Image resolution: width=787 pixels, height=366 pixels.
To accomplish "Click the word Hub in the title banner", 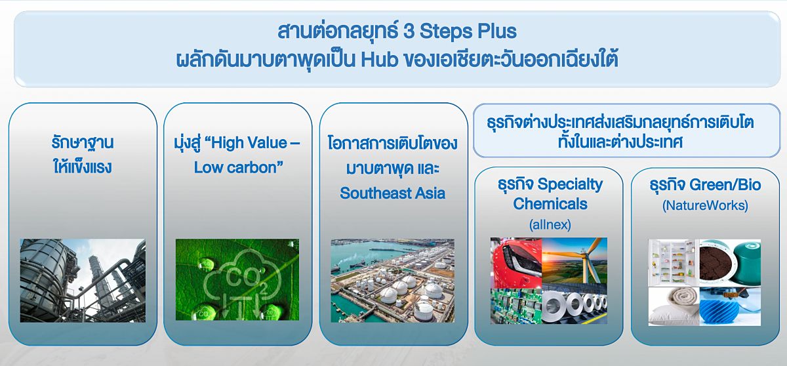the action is tap(380, 60).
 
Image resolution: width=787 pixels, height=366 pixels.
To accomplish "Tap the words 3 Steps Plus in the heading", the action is tap(460, 31).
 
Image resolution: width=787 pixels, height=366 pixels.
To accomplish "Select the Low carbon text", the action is tap(238, 167).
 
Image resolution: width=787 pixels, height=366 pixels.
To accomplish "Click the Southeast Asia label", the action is tap(392, 193).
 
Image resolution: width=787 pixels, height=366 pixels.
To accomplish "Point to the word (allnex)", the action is tap(550, 224).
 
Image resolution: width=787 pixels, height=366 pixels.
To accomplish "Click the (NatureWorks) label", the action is tap(705, 205).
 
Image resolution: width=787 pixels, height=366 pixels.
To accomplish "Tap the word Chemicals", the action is tap(550, 204).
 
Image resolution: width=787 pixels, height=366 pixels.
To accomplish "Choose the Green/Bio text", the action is tap(725, 185).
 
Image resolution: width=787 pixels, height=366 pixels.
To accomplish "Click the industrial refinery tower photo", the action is tap(83, 280).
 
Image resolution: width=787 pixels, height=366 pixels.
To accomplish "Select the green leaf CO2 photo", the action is tap(237, 279).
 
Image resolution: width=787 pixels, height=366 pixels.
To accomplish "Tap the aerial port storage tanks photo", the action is tap(392, 280).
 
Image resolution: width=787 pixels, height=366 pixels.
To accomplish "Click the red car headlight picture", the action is tap(516, 263).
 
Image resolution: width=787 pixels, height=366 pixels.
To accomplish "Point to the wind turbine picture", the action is tap(575, 260).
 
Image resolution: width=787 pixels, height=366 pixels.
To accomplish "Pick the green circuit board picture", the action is tap(516, 306).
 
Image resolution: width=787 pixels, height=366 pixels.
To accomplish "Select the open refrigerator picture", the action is tap(674, 263).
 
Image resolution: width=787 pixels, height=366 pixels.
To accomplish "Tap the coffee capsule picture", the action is tap(730, 263).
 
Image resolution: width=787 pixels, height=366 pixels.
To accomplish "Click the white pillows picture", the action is tap(674, 306).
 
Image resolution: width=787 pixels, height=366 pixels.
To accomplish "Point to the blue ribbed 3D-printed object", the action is tap(730, 306).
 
